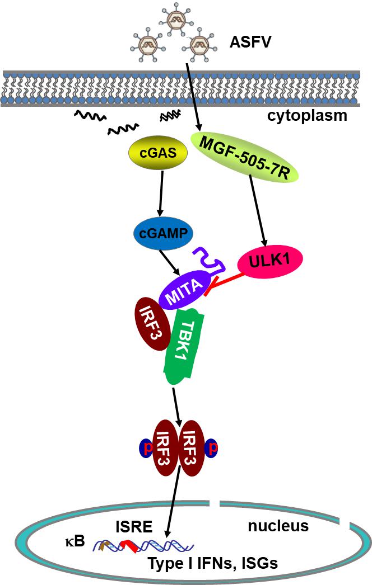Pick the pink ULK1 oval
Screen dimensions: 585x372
270,261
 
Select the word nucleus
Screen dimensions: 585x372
278,526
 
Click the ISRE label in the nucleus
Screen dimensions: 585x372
133,527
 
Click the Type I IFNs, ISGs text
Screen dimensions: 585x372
212,563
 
